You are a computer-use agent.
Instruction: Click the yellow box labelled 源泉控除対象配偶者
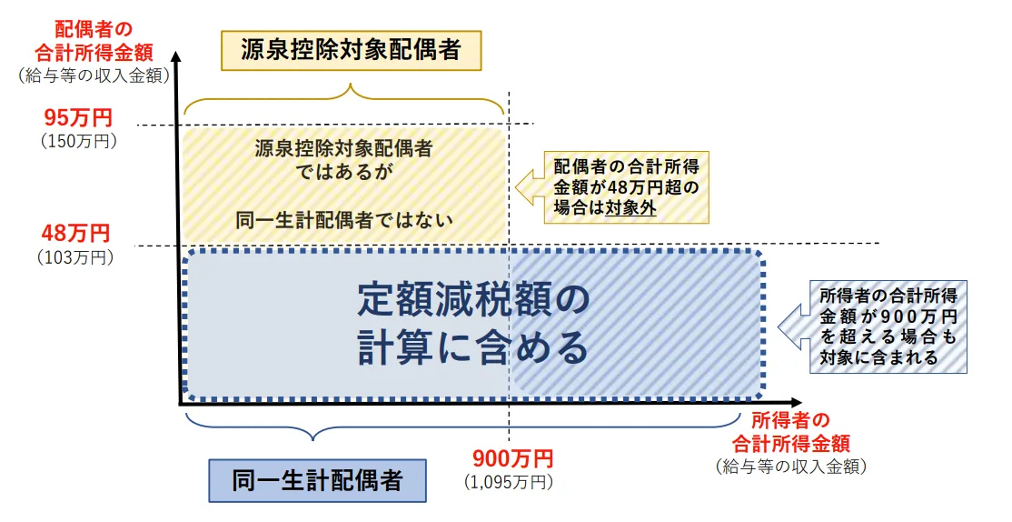(x=352, y=51)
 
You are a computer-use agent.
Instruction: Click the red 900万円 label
(x=511, y=458)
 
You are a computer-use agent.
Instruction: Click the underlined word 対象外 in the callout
(x=635, y=207)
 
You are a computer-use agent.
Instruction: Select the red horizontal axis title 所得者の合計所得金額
(x=790, y=432)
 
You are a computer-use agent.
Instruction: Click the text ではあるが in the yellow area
(x=343, y=169)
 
